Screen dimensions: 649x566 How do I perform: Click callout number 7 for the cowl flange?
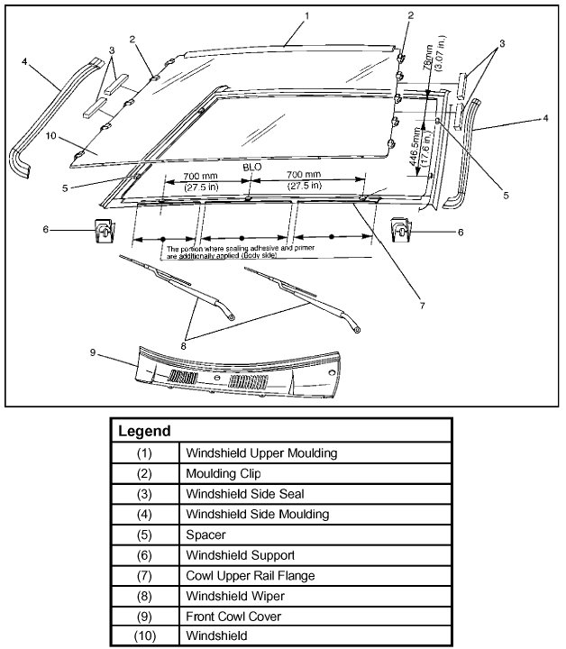point(421,305)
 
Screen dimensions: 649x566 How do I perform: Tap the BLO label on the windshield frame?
point(251,168)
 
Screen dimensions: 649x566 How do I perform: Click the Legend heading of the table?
point(145,432)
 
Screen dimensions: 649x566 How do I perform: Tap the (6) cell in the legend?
point(144,554)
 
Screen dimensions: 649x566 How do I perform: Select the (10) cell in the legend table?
point(144,635)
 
